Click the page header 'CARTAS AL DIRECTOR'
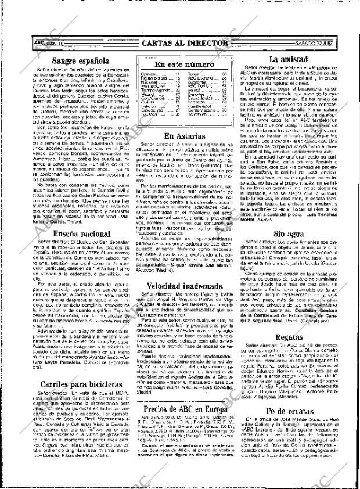click(185, 44)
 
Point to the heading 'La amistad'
click(287, 59)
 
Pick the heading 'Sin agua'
click(287, 217)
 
